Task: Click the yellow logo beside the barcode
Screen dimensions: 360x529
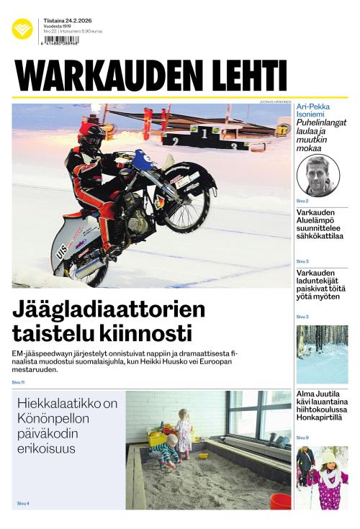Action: pyautogui.click(x=22, y=30)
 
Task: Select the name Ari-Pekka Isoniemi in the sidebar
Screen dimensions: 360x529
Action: pyautogui.click(x=321, y=112)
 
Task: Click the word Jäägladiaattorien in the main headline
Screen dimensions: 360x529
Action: pyautogui.click(x=109, y=309)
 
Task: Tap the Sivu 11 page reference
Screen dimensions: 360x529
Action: pyautogui.click(x=19, y=382)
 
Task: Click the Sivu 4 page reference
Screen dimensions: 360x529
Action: pyautogui.click(x=23, y=502)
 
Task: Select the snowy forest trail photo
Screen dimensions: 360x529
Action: pyautogui.click(x=322, y=354)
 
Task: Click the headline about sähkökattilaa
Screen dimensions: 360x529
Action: pyautogui.click(x=320, y=224)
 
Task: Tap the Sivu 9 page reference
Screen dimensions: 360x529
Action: pyautogui.click(x=302, y=438)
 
